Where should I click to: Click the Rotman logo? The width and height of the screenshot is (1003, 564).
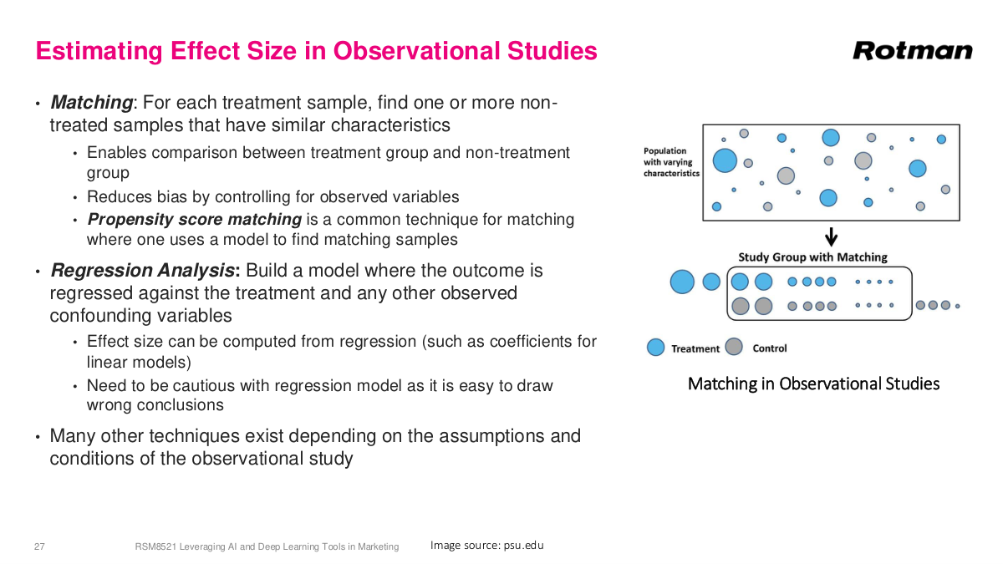click(x=913, y=51)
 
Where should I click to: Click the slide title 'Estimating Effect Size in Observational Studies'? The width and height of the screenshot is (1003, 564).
click(x=316, y=51)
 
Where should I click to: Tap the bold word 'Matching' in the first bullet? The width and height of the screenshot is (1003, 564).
click(x=91, y=103)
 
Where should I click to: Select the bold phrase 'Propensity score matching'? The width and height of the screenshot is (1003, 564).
click(x=194, y=220)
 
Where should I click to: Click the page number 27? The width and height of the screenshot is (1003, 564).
click(x=39, y=546)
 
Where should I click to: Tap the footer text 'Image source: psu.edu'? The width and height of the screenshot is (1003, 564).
click(x=486, y=546)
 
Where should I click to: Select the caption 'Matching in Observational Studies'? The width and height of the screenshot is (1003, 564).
click(x=813, y=384)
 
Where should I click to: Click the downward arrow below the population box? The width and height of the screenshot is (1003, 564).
click(x=831, y=236)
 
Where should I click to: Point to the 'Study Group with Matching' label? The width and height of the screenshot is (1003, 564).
click(x=812, y=257)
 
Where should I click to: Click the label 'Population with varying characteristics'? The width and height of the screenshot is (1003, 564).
click(x=671, y=162)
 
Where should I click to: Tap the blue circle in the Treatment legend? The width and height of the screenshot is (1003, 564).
click(x=656, y=348)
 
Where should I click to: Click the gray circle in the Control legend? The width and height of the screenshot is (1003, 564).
click(x=734, y=347)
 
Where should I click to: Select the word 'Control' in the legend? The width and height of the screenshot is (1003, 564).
click(x=769, y=348)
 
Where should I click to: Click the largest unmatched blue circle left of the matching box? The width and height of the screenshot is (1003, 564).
click(x=682, y=282)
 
